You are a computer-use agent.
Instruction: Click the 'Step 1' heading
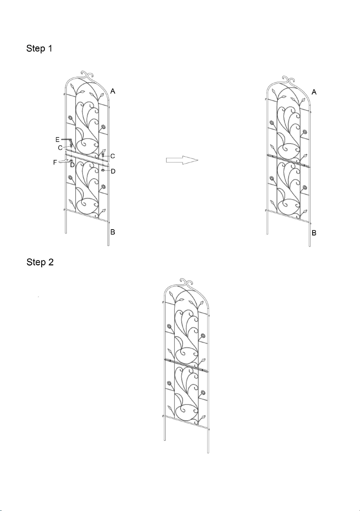(x=39, y=48)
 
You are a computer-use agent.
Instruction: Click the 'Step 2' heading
(x=40, y=262)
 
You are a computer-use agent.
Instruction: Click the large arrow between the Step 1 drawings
(x=182, y=160)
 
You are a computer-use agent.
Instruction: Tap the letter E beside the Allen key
(x=57, y=140)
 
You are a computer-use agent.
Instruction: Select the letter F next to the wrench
(x=55, y=162)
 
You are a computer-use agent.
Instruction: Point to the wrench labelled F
(x=64, y=161)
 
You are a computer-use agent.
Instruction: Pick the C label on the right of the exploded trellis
(x=112, y=156)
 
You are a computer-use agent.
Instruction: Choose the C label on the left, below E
(x=60, y=148)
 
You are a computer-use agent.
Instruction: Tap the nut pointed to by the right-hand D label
(x=103, y=170)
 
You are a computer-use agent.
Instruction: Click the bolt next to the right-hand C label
(x=103, y=156)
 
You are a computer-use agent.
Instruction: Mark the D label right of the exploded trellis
(x=113, y=171)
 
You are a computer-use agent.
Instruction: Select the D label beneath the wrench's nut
(x=72, y=165)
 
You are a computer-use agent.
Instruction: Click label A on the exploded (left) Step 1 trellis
(x=113, y=91)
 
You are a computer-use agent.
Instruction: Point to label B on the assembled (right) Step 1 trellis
(x=314, y=233)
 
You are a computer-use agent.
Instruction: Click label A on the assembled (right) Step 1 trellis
(x=314, y=92)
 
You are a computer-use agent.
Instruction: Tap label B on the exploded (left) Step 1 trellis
(x=113, y=232)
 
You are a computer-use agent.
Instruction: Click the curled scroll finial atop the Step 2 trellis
(x=187, y=281)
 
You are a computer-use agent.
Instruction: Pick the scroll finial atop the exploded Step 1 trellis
(x=88, y=74)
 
